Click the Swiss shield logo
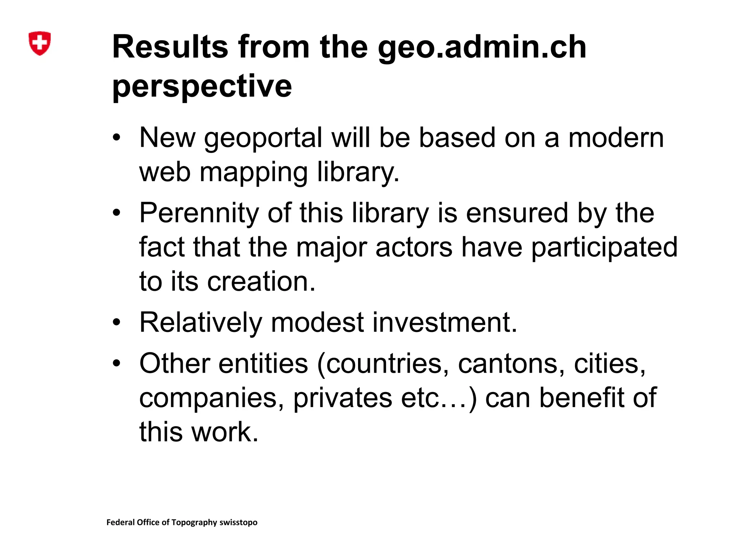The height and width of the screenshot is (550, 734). [39, 43]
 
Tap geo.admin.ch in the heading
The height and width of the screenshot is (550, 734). [482, 48]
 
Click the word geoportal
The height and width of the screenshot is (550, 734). [263, 138]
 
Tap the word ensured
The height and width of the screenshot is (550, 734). [517, 213]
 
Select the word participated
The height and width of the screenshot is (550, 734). [604, 247]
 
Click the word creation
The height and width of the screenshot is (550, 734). [261, 281]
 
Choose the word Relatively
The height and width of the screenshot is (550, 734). [201, 322]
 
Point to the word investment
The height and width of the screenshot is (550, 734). [445, 322]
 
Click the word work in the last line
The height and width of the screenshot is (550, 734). [225, 432]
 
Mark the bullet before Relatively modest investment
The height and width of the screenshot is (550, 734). [116, 322]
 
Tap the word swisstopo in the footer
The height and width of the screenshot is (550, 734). [238, 522]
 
